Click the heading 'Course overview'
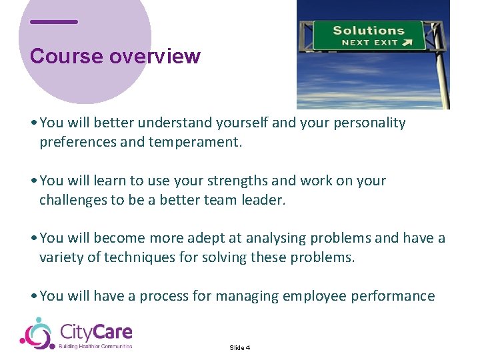pos(115,56)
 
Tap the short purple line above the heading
pos(54,22)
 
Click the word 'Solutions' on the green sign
pos(368,30)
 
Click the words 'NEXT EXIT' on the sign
pos(369,43)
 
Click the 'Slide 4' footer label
pos(239,348)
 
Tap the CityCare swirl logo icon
pos(36,333)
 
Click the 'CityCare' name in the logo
pos(96,331)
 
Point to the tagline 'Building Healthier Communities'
pos(96,346)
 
